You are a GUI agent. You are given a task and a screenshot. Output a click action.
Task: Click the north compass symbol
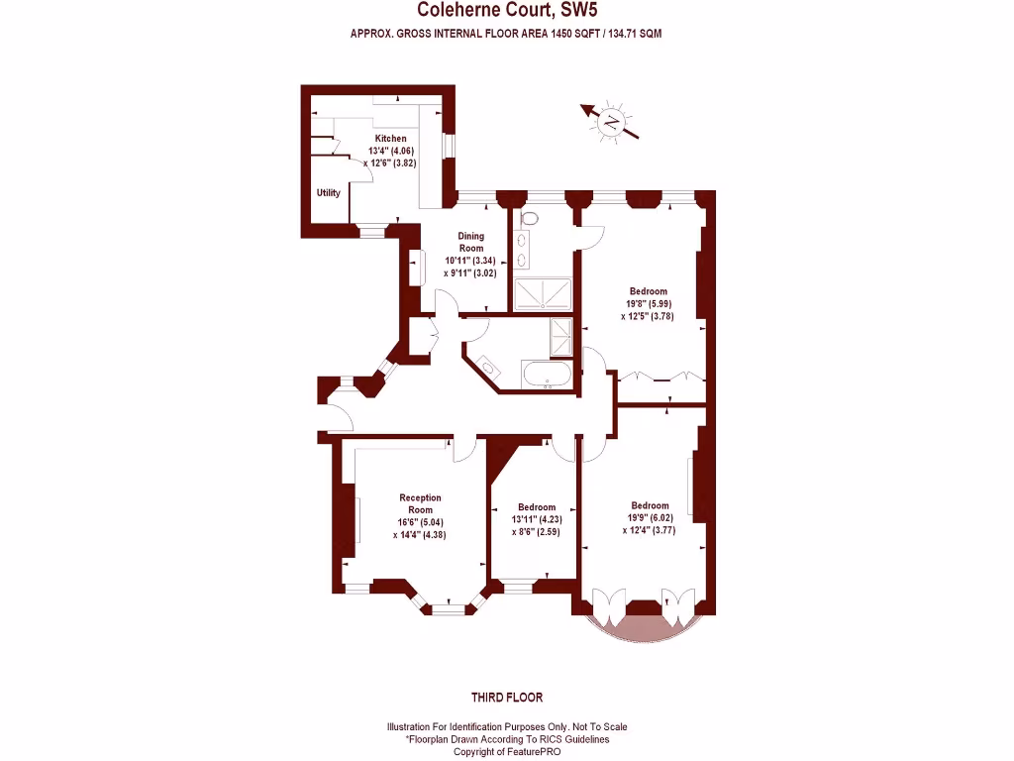click(612, 123)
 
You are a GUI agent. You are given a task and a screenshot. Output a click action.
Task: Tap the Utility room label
click(328, 193)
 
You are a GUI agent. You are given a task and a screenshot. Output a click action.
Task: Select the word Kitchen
click(390, 139)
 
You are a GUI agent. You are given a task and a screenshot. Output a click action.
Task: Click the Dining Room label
click(470, 242)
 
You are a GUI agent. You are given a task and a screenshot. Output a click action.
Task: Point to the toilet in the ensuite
click(529, 218)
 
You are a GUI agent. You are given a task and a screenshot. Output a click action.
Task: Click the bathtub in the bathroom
click(546, 376)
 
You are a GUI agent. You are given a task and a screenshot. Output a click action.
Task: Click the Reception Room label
click(420, 503)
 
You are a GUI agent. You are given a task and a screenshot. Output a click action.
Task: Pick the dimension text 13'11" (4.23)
click(533, 519)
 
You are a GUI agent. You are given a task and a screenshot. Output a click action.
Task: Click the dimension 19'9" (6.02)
click(650, 517)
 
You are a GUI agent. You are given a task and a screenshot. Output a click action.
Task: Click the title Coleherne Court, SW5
click(506, 11)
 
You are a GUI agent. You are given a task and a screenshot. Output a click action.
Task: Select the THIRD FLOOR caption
click(506, 698)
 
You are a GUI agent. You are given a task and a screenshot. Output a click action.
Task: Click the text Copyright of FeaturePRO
click(506, 752)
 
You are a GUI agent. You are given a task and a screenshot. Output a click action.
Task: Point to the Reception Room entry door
click(465, 449)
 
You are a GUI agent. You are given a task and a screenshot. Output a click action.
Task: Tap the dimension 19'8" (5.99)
click(649, 304)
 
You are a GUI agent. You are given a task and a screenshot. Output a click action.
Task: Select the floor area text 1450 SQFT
click(562, 34)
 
